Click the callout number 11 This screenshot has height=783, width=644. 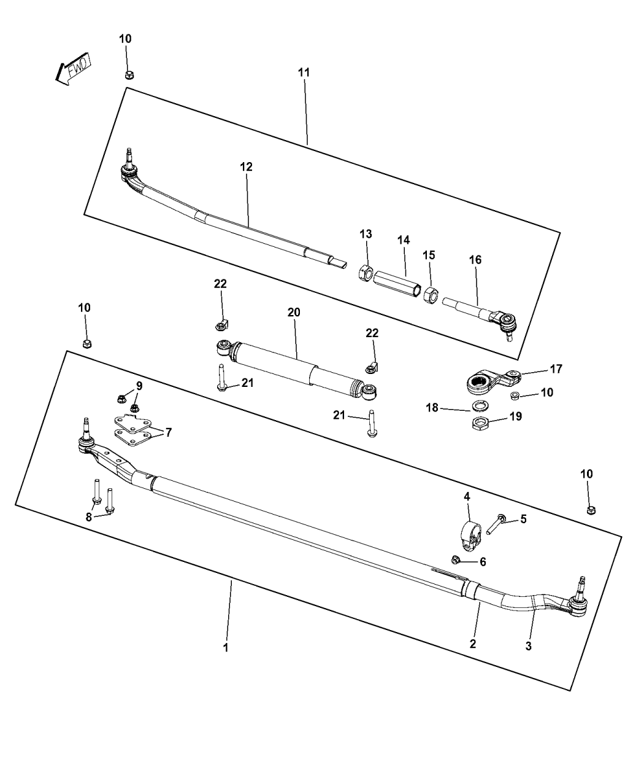point(304,72)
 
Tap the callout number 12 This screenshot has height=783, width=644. point(246,166)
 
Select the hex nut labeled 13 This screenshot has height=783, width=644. point(364,272)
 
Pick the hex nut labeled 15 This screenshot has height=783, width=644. point(431,295)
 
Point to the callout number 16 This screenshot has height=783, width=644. point(475,260)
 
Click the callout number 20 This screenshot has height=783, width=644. point(294,312)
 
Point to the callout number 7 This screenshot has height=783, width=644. point(168,432)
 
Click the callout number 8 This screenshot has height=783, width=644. point(89,517)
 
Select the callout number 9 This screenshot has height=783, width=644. point(139,386)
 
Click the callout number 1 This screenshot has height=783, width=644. point(225,647)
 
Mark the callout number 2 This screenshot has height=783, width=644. point(473,644)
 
